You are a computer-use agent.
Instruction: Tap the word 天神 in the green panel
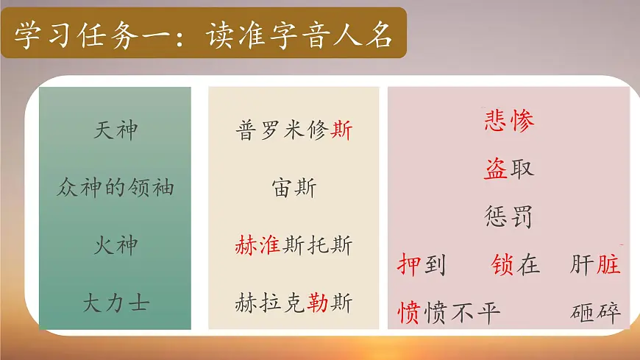tap(116, 131)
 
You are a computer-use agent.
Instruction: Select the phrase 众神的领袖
tap(115, 188)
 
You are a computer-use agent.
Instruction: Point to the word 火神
tap(116, 244)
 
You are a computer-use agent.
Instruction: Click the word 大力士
tap(116, 303)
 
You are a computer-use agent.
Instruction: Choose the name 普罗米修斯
tap(294, 131)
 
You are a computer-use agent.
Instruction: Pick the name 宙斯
tap(294, 188)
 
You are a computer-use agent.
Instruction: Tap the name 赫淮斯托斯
tap(294, 244)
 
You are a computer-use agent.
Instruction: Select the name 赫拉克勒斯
tap(294, 303)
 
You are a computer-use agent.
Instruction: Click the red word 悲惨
tap(508, 120)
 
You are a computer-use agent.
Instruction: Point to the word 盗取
tap(508, 169)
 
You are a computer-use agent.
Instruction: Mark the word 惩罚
tap(508, 217)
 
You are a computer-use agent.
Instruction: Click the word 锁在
tap(516, 265)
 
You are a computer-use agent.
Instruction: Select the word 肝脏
tap(595, 265)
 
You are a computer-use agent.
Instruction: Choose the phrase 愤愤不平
tap(449, 313)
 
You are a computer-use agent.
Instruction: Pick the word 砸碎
tap(595, 313)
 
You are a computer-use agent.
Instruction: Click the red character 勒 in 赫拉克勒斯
tap(319, 303)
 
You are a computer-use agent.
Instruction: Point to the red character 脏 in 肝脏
tap(608, 265)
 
